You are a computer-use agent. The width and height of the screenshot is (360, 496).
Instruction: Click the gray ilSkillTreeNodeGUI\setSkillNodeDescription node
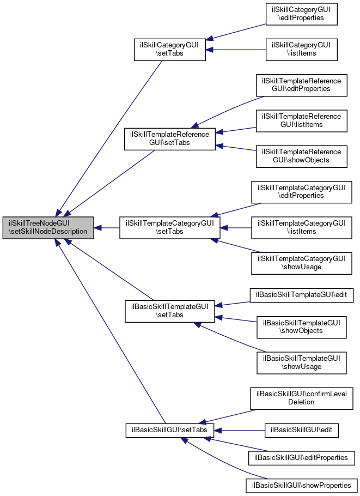tap(48, 227)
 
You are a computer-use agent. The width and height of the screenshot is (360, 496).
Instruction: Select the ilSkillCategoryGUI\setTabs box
tap(170, 49)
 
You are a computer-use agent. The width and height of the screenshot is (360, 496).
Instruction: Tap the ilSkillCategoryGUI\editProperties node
tap(301, 14)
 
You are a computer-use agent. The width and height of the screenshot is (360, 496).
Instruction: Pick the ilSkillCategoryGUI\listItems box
tap(301, 49)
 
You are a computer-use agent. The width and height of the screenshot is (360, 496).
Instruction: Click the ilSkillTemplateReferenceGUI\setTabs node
tap(170, 138)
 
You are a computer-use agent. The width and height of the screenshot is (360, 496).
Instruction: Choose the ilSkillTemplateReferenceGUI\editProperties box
tap(301, 85)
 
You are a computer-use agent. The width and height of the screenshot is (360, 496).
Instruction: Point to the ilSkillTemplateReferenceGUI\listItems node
tap(301, 120)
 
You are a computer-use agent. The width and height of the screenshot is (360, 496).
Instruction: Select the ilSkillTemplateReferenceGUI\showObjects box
tap(301, 156)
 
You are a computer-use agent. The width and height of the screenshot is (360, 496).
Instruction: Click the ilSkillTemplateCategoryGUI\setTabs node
tap(170, 227)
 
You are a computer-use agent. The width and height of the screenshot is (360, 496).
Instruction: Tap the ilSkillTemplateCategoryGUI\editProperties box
tap(301, 192)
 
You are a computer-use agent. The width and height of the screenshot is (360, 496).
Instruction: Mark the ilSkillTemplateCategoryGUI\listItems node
tap(301, 227)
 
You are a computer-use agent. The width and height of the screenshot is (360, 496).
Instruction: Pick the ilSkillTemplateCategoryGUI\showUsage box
tap(301, 263)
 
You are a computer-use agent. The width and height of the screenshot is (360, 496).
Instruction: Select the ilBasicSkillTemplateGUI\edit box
tap(302, 295)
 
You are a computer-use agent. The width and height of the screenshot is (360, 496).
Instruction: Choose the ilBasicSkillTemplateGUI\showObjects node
tap(301, 327)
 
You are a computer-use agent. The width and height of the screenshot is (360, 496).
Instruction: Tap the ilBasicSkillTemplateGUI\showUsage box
tap(301, 362)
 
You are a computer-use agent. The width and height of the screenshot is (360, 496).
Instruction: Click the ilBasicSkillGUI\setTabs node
tap(170, 430)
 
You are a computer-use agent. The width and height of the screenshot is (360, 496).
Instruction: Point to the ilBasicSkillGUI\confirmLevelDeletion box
tap(301, 398)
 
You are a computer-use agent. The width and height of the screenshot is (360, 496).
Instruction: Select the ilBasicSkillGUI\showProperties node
tap(302, 485)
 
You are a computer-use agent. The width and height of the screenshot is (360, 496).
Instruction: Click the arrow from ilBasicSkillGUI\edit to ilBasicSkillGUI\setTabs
tap(239, 430)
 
